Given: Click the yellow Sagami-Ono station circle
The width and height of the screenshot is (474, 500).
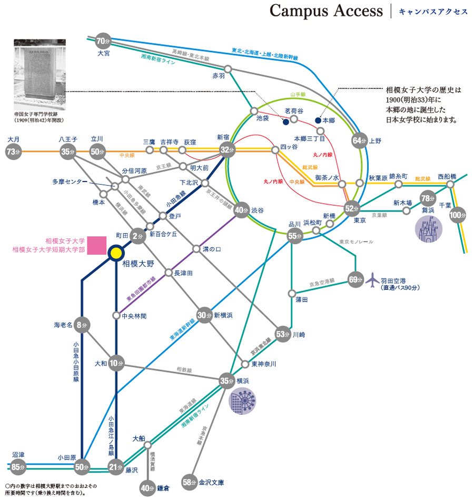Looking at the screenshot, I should point(115,254).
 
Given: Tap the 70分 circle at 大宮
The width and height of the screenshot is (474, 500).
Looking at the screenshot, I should point(103,41).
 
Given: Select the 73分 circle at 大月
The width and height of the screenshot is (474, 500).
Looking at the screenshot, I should point(13,152).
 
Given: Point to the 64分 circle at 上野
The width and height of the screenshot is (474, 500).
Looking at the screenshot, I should point(359,140).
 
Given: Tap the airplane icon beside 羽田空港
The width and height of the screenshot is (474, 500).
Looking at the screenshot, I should point(372,279).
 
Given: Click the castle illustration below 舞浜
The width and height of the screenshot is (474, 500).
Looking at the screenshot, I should point(429,227).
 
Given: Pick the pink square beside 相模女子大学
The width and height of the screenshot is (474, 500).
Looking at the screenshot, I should point(97,246).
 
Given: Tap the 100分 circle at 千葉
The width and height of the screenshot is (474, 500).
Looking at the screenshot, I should point(458,215).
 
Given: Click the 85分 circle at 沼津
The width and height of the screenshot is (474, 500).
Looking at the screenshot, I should point(18,466).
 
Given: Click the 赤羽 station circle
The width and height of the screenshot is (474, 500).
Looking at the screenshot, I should point(228,68).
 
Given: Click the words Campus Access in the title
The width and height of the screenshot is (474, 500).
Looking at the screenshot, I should point(326,11).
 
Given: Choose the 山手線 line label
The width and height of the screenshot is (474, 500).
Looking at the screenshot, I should point(298,95).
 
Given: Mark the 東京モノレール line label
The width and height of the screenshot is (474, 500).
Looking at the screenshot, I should point(356,242).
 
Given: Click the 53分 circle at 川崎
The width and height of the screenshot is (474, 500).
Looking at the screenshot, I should point(283,334).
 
